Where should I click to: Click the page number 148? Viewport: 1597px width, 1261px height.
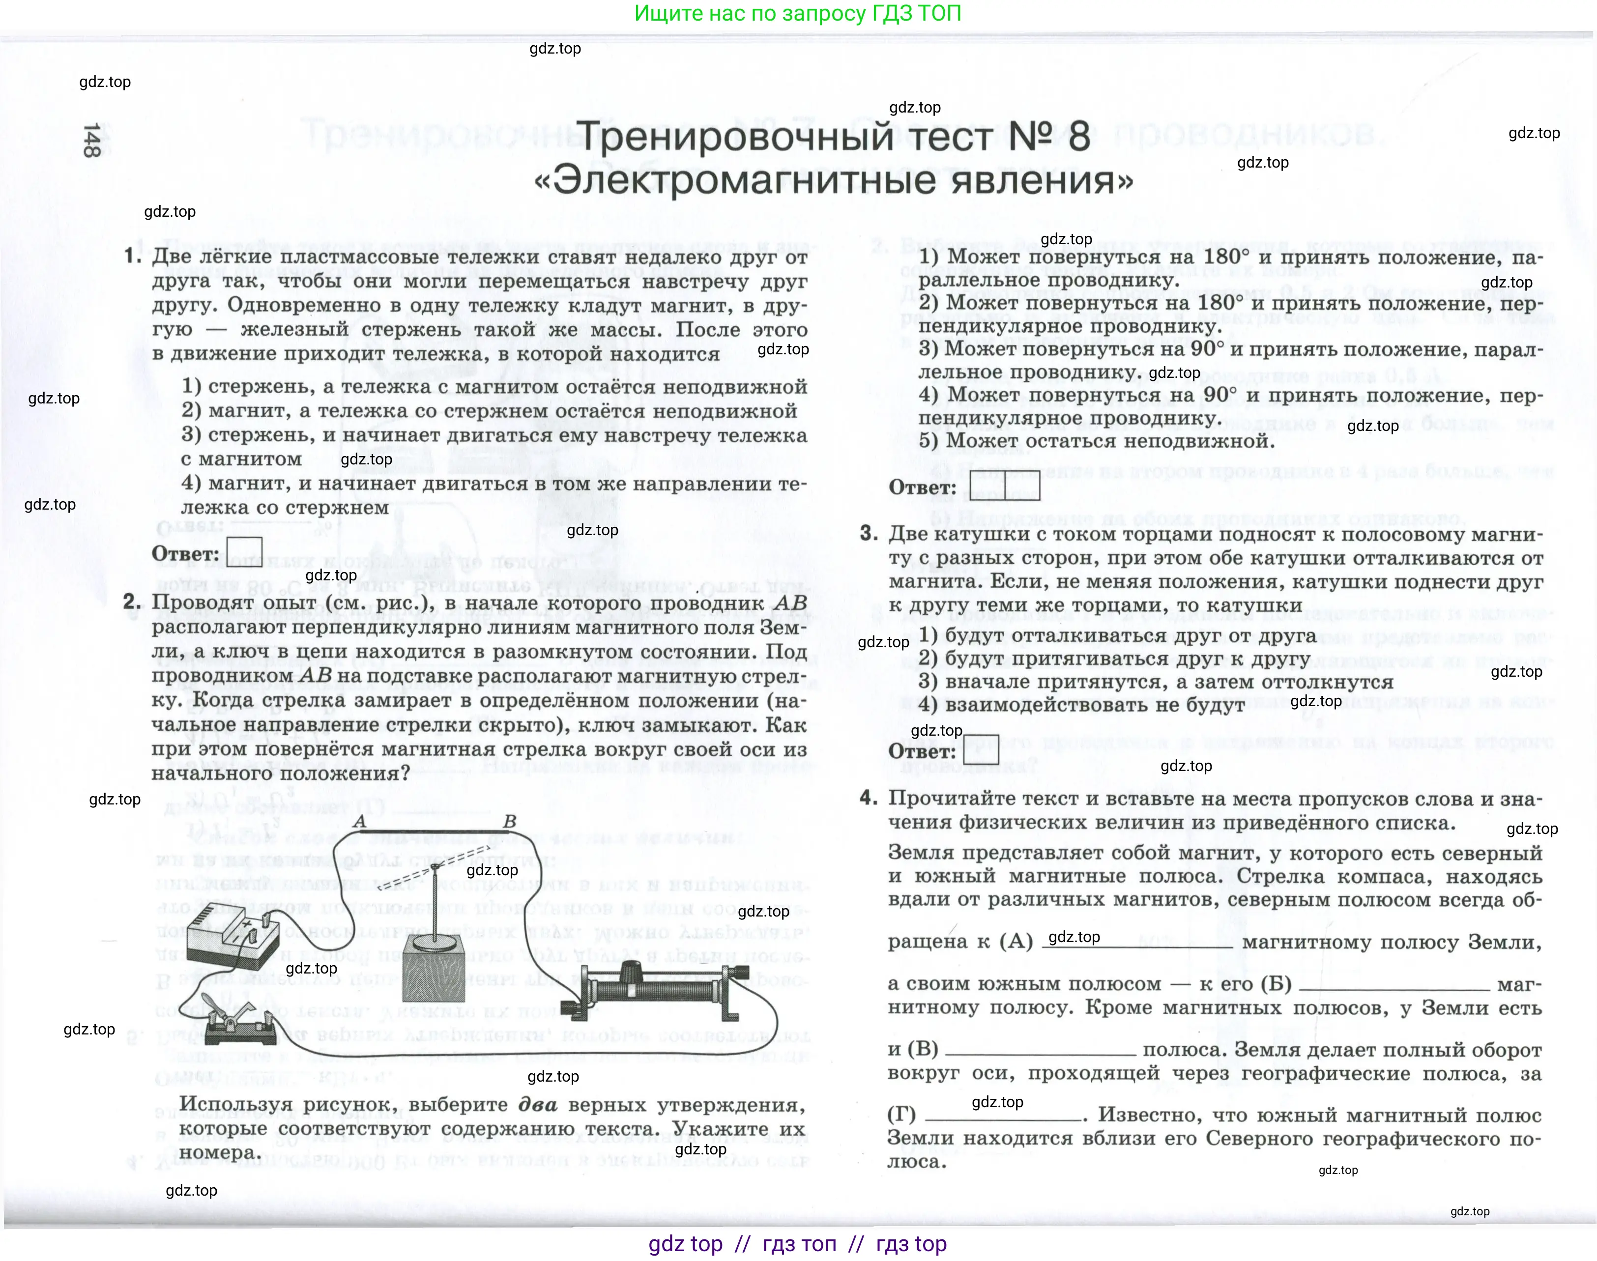click(x=91, y=140)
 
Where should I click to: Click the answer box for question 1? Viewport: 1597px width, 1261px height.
click(x=244, y=553)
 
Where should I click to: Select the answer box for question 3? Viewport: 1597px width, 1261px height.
click(x=981, y=750)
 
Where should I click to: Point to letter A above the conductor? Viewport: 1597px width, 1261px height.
click(x=360, y=822)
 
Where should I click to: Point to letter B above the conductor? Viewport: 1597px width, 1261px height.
click(x=509, y=822)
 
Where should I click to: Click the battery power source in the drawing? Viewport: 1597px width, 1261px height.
click(x=231, y=934)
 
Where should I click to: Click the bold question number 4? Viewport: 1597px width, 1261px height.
click(x=868, y=798)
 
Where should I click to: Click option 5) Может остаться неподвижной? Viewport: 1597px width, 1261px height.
click(x=1097, y=441)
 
